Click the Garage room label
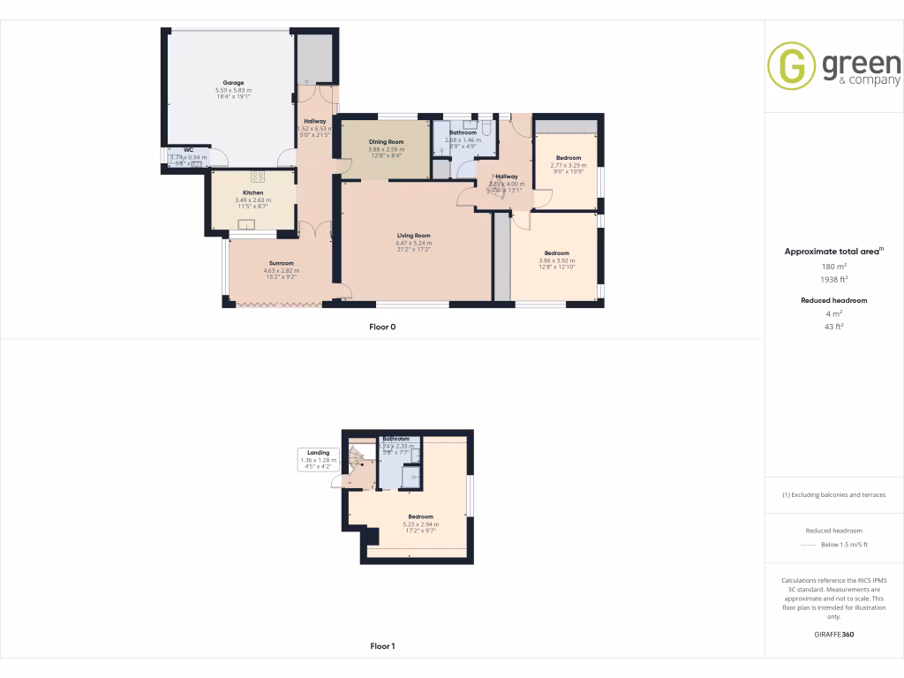(x=233, y=83)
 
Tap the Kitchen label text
(x=253, y=192)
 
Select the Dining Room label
(x=387, y=142)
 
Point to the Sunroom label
(x=282, y=263)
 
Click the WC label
(x=189, y=150)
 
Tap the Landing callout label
(x=318, y=453)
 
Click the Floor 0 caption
(x=382, y=327)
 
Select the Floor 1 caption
(x=382, y=646)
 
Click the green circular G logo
(x=790, y=66)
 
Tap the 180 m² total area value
(x=834, y=266)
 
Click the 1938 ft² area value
(x=834, y=279)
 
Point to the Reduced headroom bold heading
(x=834, y=300)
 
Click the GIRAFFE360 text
(x=834, y=635)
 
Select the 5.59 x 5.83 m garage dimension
(x=233, y=90)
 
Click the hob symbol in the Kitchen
(x=259, y=175)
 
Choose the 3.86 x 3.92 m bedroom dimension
(x=557, y=260)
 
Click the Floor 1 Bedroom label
(x=420, y=516)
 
